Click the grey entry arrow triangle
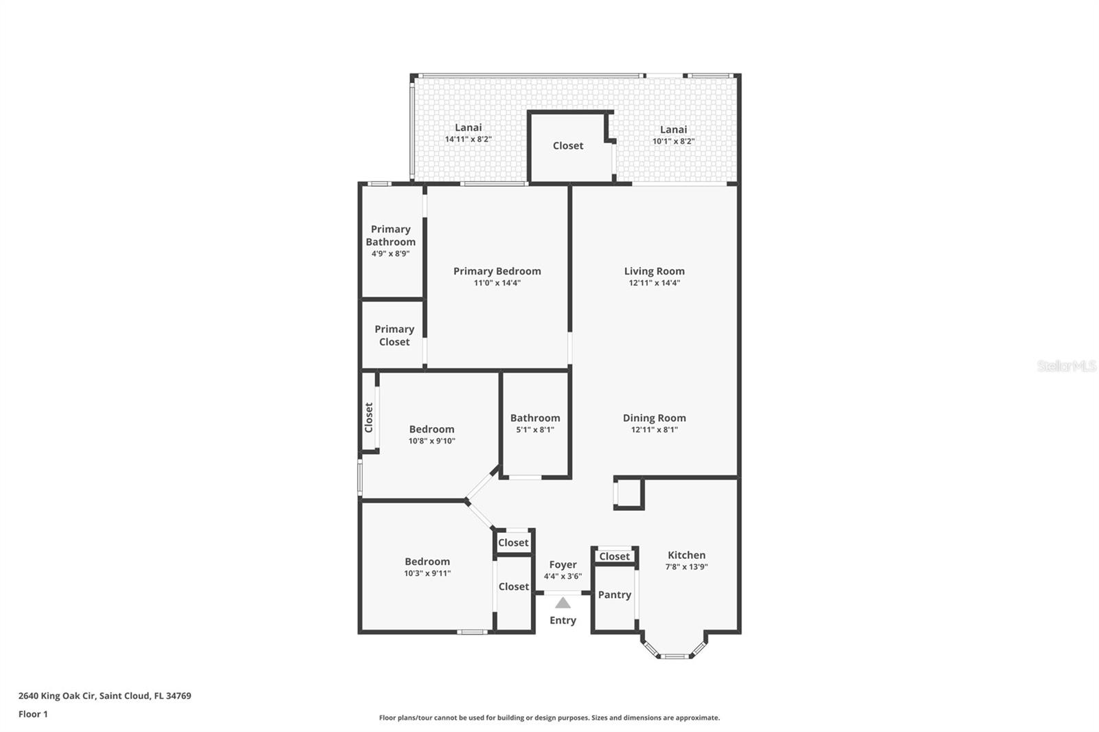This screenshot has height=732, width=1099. tap(563, 603)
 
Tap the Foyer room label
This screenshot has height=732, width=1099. tap(563, 564)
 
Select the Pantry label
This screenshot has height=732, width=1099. tap(614, 595)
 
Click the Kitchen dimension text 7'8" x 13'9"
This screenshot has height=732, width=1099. tap(686, 567)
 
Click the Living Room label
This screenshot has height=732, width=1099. tap(654, 271)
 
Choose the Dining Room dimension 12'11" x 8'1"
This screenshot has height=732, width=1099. tap(654, 430)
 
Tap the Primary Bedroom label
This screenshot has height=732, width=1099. tap(497, 271)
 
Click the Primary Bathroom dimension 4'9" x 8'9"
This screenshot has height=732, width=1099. tap(390, 253)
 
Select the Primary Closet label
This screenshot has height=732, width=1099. tap(394, 335)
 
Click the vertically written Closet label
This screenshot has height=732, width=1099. tap(369, 417)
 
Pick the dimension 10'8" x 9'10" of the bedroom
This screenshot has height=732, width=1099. tap(431, 441)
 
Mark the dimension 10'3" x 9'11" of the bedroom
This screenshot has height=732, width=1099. tap(427, 573)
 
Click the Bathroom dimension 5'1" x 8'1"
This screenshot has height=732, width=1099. tap(534, 430)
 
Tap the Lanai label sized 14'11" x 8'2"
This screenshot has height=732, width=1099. tap(468, 128)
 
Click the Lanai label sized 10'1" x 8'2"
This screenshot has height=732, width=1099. tap(673, 130)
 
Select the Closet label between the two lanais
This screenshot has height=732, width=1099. tap(567, 146)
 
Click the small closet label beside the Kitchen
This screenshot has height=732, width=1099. tap(614, 556)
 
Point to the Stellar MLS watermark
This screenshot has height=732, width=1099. tap(1066, 366)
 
